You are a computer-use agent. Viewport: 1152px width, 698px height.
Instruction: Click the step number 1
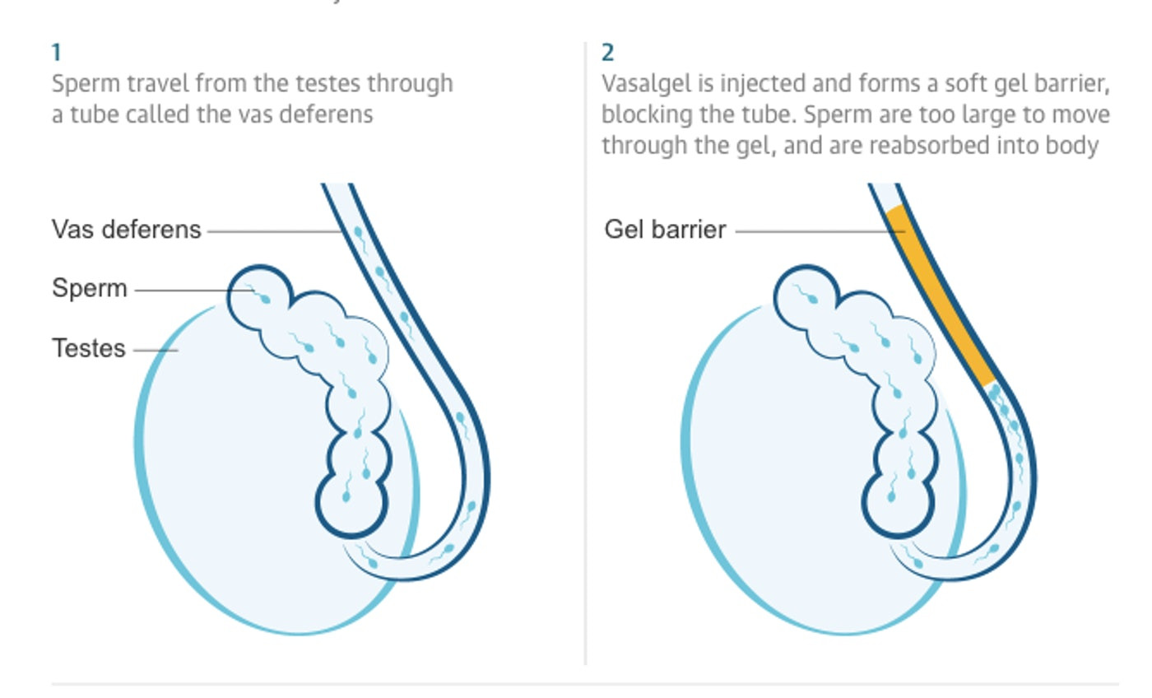pos(56,54)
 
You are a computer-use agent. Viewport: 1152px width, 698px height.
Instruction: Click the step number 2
pos(607,54)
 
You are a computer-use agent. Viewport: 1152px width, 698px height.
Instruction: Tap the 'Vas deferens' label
pos(126,229)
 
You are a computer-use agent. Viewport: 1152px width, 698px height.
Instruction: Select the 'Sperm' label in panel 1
pos(90,288)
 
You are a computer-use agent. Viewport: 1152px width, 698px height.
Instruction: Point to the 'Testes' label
pos(89,348)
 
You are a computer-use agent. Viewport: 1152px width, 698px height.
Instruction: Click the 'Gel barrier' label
pos(665,229)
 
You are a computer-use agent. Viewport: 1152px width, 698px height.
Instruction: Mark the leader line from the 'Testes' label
pos(156,350)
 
